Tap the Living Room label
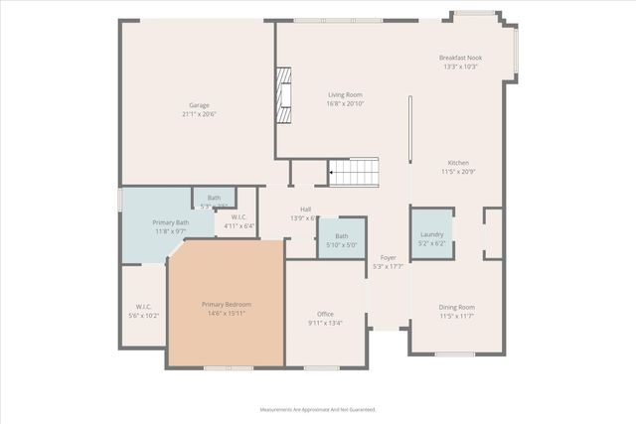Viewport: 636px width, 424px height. tap(345, 94)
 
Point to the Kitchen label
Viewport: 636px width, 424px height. tap(457, 163)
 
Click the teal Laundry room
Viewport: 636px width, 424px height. tap(432, 234)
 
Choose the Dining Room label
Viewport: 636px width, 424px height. tap(457, 307)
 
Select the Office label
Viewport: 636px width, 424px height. tap(325, 314)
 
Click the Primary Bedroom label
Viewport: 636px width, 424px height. tap(227, 304)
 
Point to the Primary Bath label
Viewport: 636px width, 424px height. tap(170, 222)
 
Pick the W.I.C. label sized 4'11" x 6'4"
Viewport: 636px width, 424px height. tap(238, 216)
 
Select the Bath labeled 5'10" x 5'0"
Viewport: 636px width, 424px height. tap(341, 235)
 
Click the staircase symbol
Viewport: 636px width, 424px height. tap(354, 172)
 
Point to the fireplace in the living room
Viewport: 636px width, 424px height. tap(284, 94)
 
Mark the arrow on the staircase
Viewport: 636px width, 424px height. tap(332, 172)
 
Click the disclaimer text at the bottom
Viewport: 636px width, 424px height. tap(318, 408)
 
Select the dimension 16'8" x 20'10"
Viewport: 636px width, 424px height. tap(345, 103)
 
